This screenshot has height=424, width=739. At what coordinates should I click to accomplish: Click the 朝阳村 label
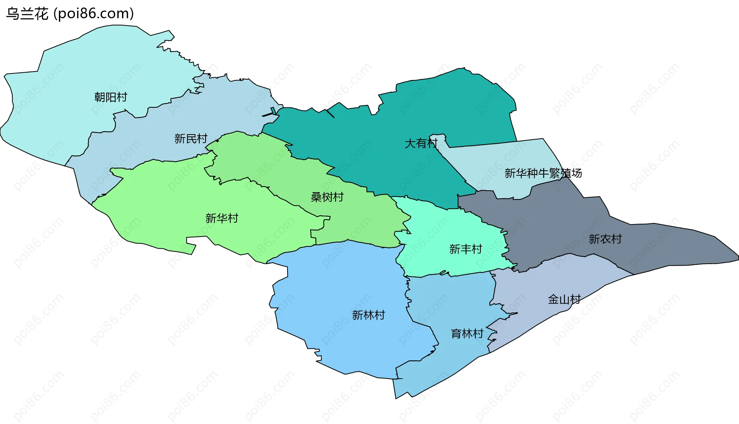[x=111, y=97]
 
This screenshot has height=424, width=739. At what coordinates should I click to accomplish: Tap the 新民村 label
[x=191, y=139]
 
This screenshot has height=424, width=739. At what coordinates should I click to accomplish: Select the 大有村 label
[x=421, y=144]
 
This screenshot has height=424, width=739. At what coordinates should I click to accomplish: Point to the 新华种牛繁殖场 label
[x=543, y=173]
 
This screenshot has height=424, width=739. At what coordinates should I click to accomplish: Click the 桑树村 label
[x=327, y=197]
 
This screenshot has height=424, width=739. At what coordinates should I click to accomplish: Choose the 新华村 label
[x=222, y=218]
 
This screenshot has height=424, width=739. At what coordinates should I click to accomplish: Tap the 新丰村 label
[x=466, y=249]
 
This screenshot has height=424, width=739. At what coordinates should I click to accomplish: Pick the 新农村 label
[x=605, y=239]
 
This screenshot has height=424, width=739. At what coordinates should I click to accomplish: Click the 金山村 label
[x=564, y=299]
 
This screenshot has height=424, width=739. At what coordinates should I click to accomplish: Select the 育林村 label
[x=467, y=334]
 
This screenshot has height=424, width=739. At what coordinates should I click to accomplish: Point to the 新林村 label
[x=368, y=315]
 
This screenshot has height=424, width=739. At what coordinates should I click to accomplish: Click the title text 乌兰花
[x=27, y=14]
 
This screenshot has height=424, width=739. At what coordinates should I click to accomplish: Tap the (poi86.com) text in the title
[x=94, y=14]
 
